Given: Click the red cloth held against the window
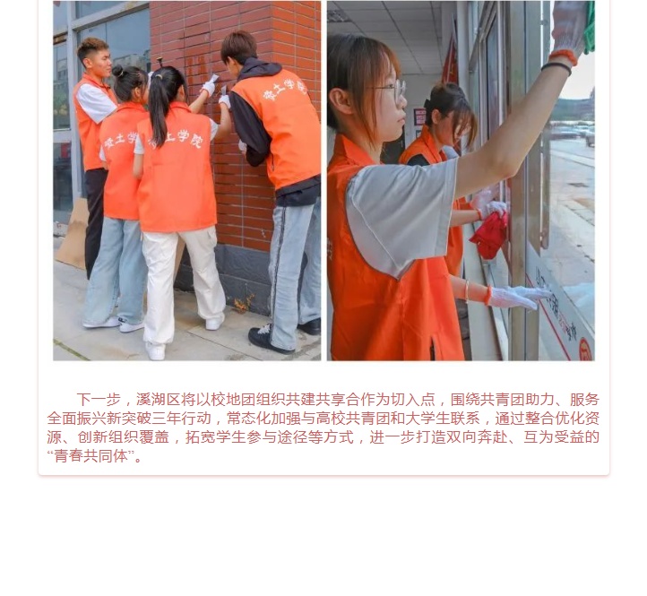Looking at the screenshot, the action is (489, 235).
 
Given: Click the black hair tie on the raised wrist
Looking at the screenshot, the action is (556, 67).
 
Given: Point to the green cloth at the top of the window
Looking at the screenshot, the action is (590, 27).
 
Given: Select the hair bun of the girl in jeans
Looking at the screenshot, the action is (117, 71).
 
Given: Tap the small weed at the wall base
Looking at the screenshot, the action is (243, 304).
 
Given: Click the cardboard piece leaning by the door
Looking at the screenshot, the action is (73, 235).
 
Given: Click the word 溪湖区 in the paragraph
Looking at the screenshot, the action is (158, 400).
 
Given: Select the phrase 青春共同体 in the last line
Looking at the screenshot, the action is (91, 456).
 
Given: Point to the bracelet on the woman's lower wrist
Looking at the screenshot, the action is (467, 290).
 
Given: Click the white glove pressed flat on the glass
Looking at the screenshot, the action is (517, 297).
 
